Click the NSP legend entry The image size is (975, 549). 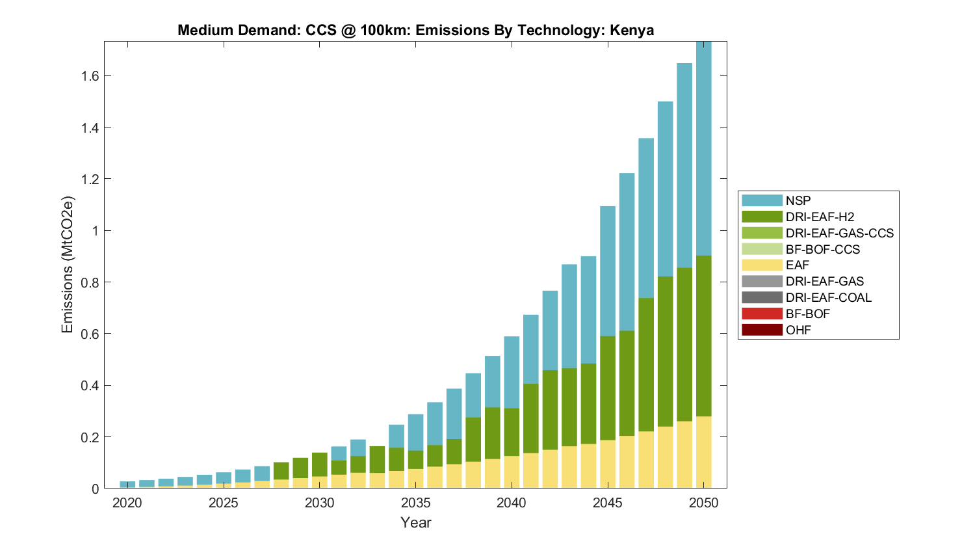click(x=798, y=200)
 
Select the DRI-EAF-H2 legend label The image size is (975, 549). click(x=820, y=217)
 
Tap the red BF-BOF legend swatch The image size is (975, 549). click(x=762, y=314)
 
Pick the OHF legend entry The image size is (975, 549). click(x=798, y=330)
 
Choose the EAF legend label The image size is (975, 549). click(x=798, y=265)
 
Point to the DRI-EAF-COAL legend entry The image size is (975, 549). click(x=828, y=297)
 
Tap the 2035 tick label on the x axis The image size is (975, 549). click(x=415, y=503)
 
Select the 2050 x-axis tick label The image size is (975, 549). click(x=704, y=503)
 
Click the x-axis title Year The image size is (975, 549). click(x=415, y=522)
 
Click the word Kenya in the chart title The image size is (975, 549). click(x=631, y=31)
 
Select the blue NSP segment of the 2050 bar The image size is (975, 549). click(x=704, y=150)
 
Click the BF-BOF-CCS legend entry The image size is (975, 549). click(x=822, y=249)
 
